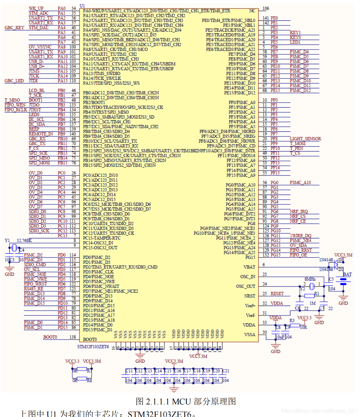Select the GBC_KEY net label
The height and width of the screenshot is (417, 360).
pos(15,28)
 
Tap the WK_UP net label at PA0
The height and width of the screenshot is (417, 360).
pos(36,8)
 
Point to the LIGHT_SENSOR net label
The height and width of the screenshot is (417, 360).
pos(305,139)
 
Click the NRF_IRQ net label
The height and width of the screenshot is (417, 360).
pos(299,211)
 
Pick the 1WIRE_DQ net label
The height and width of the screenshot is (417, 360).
pos(301,235)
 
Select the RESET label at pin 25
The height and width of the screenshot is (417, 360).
pos(277,293)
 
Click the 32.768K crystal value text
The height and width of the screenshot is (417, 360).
pos(24,240)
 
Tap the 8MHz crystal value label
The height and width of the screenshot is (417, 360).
pos(310,279)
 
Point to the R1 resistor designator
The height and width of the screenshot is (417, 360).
pos(317,293)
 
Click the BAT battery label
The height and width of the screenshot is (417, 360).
pos(347,274)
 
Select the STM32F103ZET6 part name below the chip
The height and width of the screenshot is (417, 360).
pos(93,347)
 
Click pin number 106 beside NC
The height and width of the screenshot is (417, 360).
pos(266,8)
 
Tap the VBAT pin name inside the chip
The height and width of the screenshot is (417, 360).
pos(249,267)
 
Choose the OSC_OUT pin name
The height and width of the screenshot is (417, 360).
pos(246,286)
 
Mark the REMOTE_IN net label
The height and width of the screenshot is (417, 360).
pos(41,134)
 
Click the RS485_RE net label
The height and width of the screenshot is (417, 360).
pos(34,289)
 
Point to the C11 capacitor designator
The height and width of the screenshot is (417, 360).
pos(129,371)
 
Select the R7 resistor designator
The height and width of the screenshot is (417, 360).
pos(89,371)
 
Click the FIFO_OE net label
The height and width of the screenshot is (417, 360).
pos(299,255)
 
